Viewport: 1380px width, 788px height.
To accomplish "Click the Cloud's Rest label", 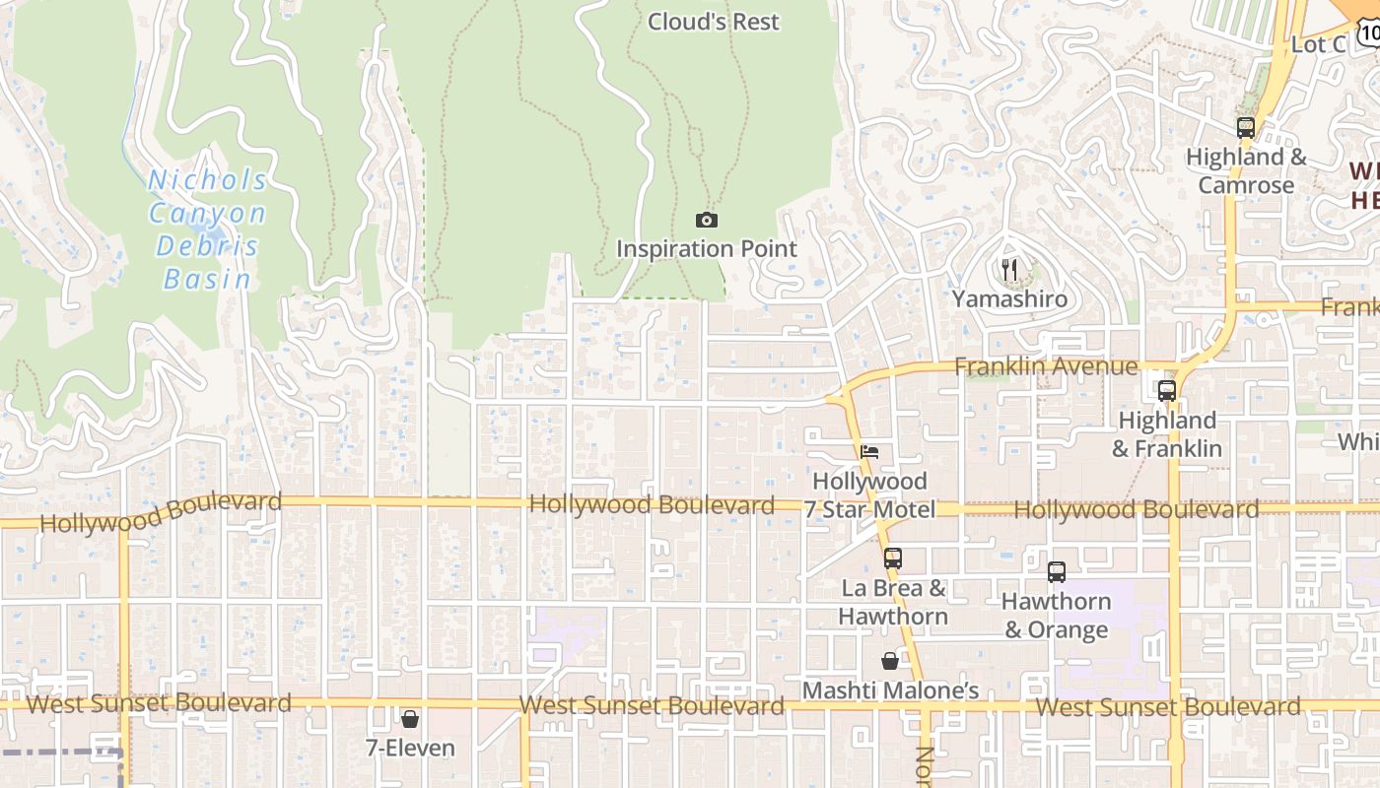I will pos(713,22).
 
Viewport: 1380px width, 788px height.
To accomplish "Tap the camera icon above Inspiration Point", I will pos(706,220).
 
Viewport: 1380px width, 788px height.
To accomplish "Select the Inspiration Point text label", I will pos(706,249).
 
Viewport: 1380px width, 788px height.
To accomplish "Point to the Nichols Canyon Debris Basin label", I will pos(207,230).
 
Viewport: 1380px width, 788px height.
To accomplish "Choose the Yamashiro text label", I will pos(1008,298).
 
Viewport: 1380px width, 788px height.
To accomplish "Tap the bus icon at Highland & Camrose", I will pos(1245,127).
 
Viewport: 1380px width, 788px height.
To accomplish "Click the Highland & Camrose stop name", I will pos(1245,171).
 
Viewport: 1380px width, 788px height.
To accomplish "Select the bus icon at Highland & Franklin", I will pos(1167,391).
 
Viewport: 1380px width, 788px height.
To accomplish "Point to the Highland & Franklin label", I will pos(1167,434).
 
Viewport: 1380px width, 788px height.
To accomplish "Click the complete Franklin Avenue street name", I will pos(1046,366).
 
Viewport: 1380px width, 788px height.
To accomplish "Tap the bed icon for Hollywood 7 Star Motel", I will pos(868,452).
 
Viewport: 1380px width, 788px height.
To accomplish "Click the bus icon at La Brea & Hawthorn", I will pos(892,558).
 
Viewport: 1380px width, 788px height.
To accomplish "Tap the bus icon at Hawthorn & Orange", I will pos(1056,571).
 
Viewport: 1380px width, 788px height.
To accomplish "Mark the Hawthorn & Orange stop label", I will pos(1056,616).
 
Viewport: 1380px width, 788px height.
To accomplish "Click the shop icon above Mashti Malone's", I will pos(890,661).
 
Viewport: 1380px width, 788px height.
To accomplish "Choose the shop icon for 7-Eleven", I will pos(410,719).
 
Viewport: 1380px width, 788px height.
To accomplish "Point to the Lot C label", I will pos(1318,44).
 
